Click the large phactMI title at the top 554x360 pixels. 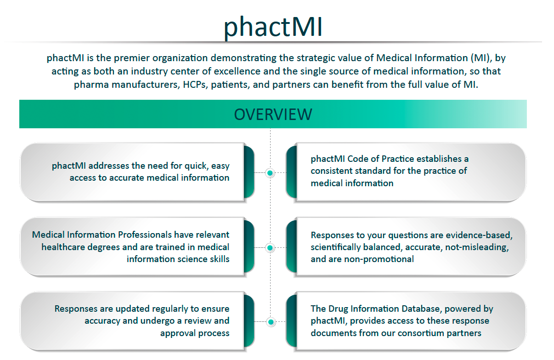tap(273, 27)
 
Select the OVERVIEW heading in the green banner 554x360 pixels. tap(273, 114)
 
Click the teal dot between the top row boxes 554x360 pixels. tap(270, 173)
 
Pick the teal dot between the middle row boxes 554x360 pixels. tap(270, 248)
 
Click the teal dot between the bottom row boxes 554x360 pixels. tap(270, 322)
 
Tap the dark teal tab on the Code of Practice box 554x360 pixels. tap(291, 172)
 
